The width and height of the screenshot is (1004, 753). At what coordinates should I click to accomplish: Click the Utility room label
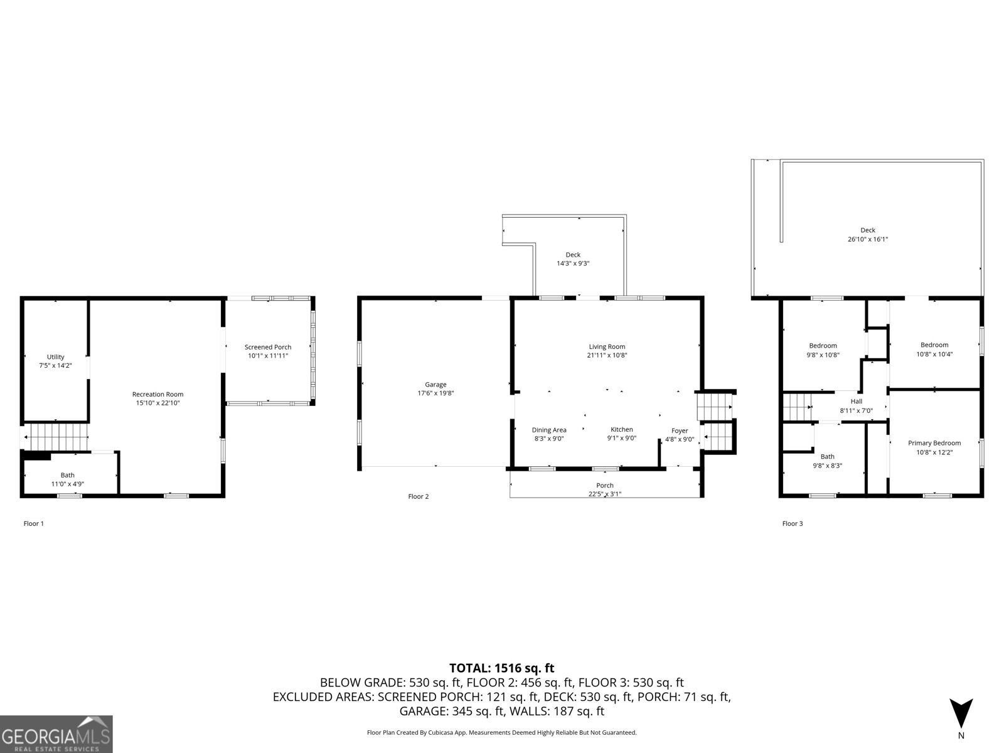[56, 357]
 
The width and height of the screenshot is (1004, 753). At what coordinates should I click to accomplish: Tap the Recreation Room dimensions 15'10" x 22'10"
[158, 403]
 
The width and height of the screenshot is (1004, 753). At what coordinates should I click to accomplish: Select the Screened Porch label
[268, 347]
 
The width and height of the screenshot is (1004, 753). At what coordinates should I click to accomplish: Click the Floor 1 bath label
[67, 475]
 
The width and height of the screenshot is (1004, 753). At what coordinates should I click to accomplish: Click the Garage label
[435, 385]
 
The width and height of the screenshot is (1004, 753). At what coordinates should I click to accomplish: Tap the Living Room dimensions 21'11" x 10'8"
[607, 355]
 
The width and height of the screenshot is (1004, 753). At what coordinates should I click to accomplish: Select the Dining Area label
[549, 430]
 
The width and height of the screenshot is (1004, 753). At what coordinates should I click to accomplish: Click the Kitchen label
[622, 429]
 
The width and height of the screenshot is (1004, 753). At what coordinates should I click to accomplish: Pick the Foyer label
[680, 430]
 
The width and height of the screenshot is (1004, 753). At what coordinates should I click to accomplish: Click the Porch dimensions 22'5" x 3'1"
[605, 494]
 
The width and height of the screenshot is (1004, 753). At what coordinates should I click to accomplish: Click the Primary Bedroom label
[934, 443]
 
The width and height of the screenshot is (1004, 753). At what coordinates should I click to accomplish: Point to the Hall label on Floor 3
[857, 402]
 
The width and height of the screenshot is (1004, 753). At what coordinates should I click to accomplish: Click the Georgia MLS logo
[56, 734]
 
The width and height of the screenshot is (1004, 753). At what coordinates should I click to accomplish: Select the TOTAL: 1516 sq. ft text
[501, 668]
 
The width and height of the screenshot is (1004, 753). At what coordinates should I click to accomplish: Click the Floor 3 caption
[792, 523]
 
